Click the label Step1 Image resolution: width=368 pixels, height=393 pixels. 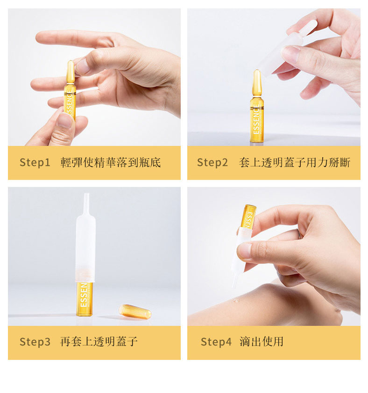[x=35, y=162]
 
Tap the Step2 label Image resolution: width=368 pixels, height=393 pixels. [x=212, y=162]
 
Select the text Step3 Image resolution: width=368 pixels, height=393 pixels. [x=35, y=342]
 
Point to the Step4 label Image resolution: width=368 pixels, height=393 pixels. [x=216, y=342]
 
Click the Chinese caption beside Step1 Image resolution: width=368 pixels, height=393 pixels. [x=111, y=162]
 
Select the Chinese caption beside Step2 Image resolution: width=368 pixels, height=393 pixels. [x=295, y=162]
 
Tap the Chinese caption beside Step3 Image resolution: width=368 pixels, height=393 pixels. [x=99, y=341]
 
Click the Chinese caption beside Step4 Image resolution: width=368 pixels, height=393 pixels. [x=262, y=341]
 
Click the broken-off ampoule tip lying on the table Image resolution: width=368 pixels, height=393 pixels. [x=135, y=311]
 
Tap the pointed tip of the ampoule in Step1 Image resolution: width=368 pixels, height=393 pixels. [x=71, y=61]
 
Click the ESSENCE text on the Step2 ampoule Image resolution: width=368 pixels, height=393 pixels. [x=256, y=119]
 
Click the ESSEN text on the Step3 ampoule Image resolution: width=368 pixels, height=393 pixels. [x=84, y=295]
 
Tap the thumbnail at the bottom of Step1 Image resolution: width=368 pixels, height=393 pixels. [x=65, y=120]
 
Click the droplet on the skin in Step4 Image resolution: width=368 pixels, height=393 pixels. [x=236, y=301]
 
